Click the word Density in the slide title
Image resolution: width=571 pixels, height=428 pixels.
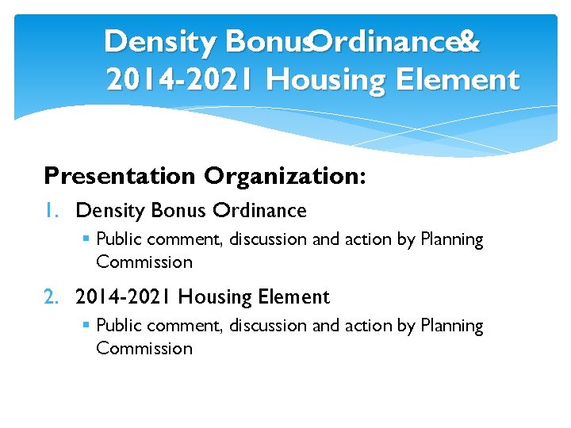click(159, 43)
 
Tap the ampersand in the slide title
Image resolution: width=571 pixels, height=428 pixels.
click(469, 42)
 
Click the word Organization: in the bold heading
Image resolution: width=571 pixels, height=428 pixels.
click(285, 175)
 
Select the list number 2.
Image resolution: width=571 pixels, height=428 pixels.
click(52, 297)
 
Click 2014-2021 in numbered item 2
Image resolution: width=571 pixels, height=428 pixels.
click(124, 297)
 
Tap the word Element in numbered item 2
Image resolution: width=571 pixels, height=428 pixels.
click(293, 297)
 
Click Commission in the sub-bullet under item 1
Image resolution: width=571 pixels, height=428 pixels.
click(144, 262)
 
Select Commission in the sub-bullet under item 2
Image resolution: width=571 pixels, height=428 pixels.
click(144, 349)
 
